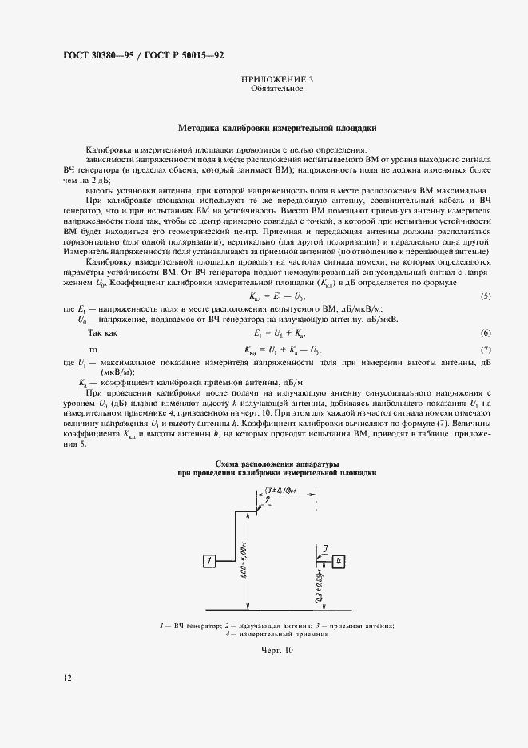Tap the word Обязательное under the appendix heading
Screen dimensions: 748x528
[x=276, y=89]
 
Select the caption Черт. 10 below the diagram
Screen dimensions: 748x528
[x=277, y=651]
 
